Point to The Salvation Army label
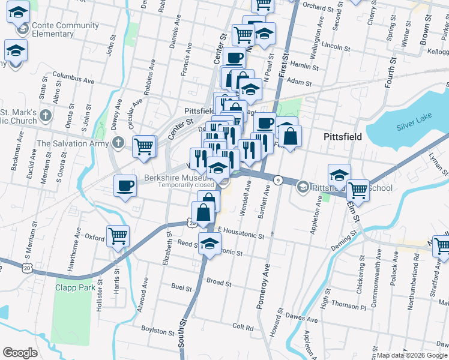click(73, 143)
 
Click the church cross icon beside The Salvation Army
click(118, 143)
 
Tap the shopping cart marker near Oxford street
click(118, 236)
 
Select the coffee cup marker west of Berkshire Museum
click(125, 185)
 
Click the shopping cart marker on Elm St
click(358, 190)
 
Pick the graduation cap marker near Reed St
click(209, 244)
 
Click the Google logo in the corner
click(20, 352)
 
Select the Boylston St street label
click(156, 329)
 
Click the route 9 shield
click(278, 180)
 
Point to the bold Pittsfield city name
click(343, 137)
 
